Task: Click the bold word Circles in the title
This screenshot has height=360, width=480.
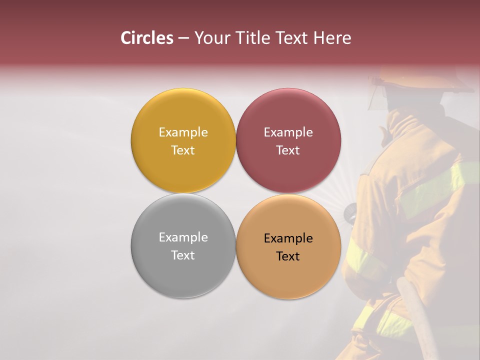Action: tap(147, 38)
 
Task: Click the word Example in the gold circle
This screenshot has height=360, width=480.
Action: tap(183, 132)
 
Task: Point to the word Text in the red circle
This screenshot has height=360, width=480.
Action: tap(288, 150)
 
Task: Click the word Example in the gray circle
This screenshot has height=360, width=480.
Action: tap(183, 237)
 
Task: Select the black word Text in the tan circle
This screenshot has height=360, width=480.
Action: tap(288, 256)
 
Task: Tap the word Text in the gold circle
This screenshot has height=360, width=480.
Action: tap(183, 150)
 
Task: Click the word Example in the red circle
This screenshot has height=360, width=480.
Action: tap(288, 132)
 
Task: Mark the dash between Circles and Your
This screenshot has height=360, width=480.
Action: tap(183, 38)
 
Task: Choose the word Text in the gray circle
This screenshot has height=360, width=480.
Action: tap(183, 255)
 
